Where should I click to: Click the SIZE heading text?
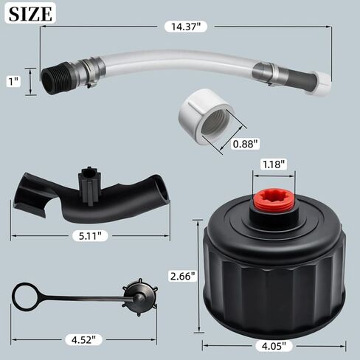(30, 14)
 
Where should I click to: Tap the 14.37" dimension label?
(186, 27)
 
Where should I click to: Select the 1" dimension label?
(14, 81)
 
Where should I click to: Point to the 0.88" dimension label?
(246, 144)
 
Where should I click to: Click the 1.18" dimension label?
(274, 165)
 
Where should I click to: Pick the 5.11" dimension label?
(90, 236)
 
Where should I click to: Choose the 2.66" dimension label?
(184, 276)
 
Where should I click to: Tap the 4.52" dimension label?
(83, 340)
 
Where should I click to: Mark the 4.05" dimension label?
(274, 346)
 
